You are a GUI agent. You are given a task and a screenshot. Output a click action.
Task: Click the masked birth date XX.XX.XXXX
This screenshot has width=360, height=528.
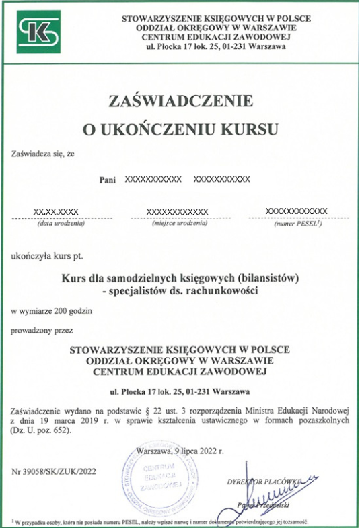pos(56,211)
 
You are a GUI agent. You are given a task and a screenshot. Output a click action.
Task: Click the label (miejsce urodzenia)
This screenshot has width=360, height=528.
pos(178,224)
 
